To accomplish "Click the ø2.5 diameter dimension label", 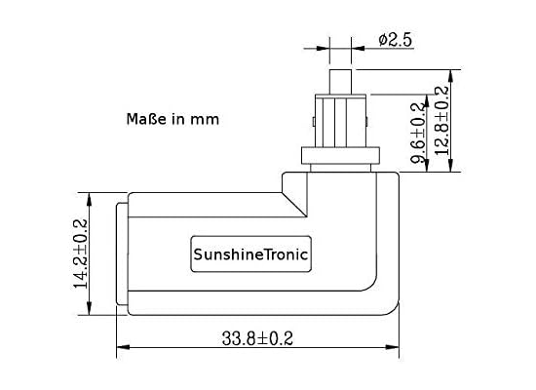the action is [x=395, y=40].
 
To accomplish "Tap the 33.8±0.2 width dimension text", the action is [x=257, y=338].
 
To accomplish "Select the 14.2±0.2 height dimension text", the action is [x=81, y=253].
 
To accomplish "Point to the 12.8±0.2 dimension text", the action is [x=441, y=121].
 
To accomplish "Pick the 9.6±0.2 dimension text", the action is [x=419, y=133].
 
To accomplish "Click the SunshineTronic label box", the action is [x=250, y=254].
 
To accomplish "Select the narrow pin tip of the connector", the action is [x=340, y=82].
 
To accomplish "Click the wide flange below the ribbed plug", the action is [x=340, y=155].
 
